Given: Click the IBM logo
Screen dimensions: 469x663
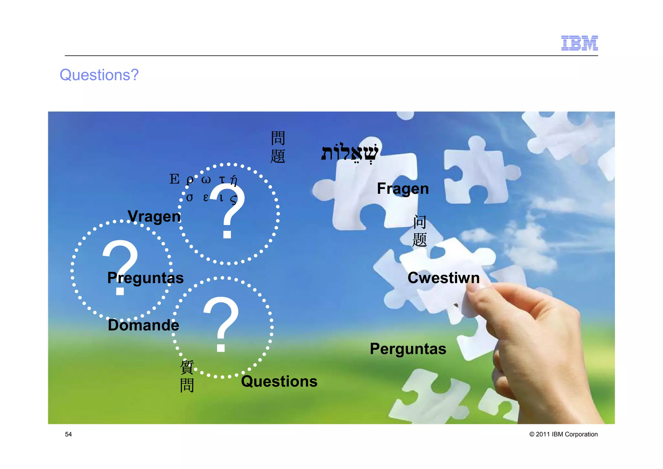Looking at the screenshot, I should pyautogui.click(x=579, y=43).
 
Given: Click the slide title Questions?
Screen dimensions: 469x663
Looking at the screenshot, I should pyautogui.click(x=99, y=75).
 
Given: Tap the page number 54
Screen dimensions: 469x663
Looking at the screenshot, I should pyautogui.click(x=68, y=434).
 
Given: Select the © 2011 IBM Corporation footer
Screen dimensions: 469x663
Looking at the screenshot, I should pyautogui.click(x=563, y=434).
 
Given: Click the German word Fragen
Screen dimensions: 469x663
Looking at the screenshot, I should pyautogui.click(x=403, y=189).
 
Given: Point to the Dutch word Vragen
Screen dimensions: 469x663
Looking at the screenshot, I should pyautogui.click(x=154, y=217).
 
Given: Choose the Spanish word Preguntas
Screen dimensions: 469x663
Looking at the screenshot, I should pyautogui.click(x=145, y=278).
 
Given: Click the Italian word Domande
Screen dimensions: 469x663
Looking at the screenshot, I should pyautogui.click(x=143, y=325).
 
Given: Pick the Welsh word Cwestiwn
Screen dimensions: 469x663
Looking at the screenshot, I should pyautogui.click(x=444, y=278).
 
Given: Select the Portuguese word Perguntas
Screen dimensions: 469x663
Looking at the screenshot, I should pyautogui.click(x=408, y=349).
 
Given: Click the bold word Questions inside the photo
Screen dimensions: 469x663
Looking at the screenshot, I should pyautogui.click(x=279, y=381).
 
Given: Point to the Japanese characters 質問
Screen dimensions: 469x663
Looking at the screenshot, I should pyautogui.click(x=187, y=376).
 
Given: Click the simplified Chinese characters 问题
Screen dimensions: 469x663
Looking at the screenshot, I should pyautogui.click(x=420, y=231).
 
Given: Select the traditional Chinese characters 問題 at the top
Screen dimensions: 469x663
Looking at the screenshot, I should pyautogui.click(x=278, y=147).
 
